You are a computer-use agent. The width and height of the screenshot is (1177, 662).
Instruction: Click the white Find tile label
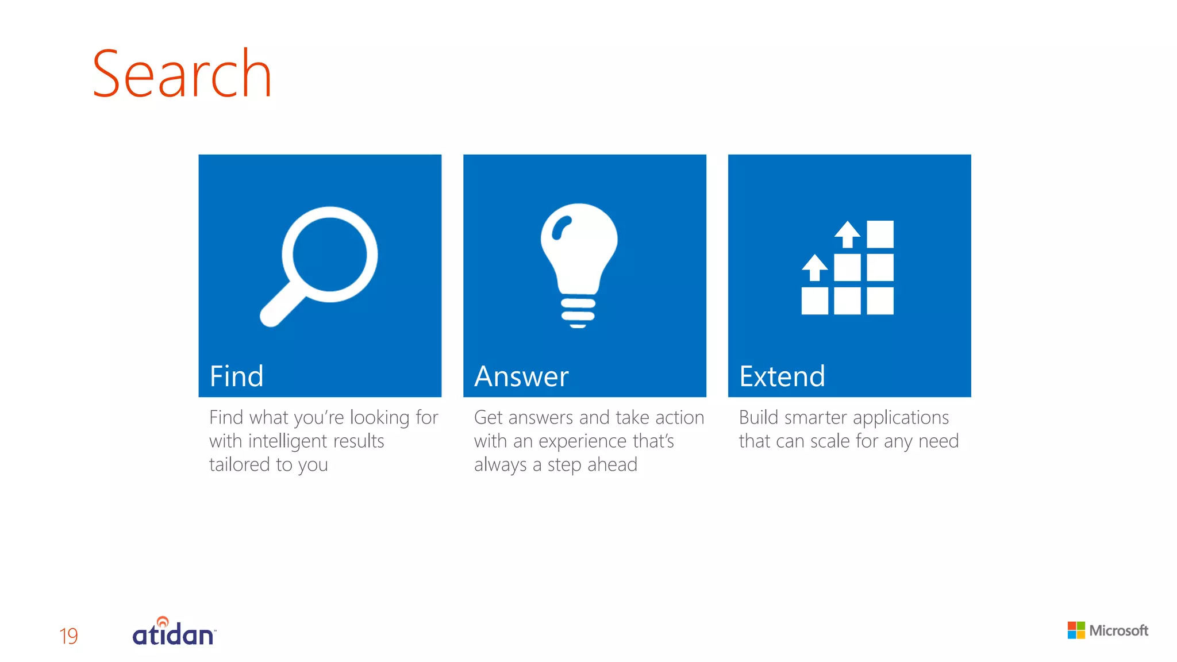pyautogui.click(x=236, y=376)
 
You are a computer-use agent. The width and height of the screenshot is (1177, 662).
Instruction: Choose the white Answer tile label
pyautogui.click(x=521, y=376)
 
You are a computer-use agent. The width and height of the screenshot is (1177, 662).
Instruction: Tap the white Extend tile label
pyautogui.click(x=782, y=376)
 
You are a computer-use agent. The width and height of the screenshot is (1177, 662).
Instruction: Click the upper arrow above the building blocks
pyautogui.click(x=847, y=234)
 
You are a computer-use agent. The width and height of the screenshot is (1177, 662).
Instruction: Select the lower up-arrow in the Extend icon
pyautogui.click(x=814, y=267)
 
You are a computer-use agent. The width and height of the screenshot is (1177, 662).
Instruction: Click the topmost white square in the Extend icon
pyautogui.click(x=880, y=234)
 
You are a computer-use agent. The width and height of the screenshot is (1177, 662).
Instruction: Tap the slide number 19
pyautogui.click(x=68, y=636)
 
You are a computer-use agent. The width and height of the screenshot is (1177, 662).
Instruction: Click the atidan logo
pyautogui.click(x=174, y=632)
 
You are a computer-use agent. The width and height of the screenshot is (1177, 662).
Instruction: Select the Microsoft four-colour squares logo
pyautogui.click(x=1076, y=630)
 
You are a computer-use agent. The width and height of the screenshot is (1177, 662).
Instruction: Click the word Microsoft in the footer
pyautogui.click(x=1118, y=630)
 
